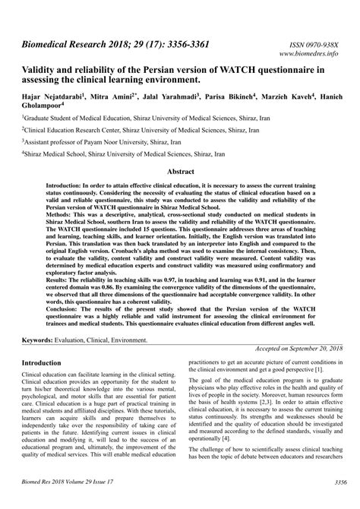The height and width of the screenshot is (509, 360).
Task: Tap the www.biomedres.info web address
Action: pos(312,55)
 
